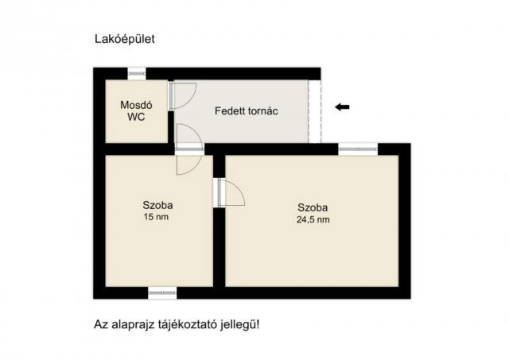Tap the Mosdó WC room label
point(136,110)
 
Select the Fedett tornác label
point(246,111)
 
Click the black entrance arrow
point(342,107)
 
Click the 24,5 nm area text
point(311,220)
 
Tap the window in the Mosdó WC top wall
point(137,73)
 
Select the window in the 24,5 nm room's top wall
point(358,148)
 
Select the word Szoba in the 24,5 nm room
point(311,208)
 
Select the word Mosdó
point(136,105)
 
